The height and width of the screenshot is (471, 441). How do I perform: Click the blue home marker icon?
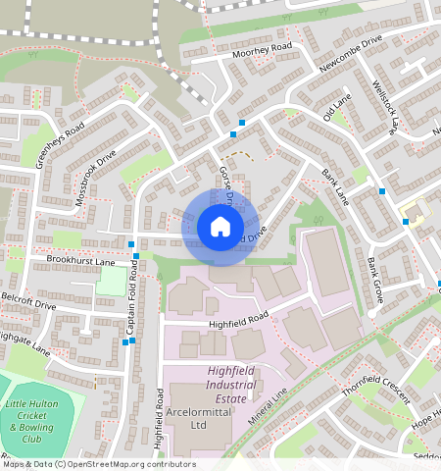tap(220, 228)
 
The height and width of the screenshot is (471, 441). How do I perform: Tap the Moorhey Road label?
tap(263, 47)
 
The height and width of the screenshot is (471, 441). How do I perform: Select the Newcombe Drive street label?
tap(351, 56)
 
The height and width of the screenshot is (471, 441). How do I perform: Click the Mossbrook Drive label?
tap(96, 178)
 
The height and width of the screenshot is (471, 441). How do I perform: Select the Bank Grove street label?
tap(375, 279)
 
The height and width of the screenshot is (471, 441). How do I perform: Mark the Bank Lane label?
tap(335, 185)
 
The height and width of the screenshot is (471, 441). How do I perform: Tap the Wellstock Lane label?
tap(385, 106)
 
